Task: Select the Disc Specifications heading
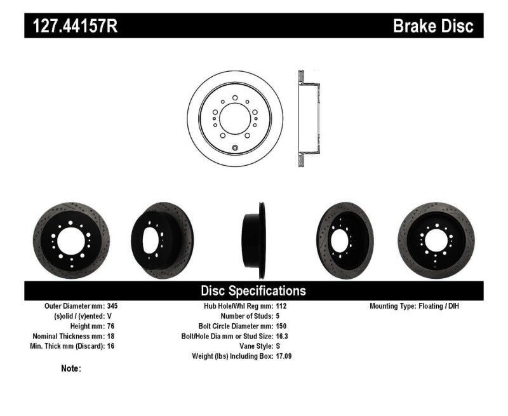(x=253, y=291)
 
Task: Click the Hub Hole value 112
(x=281, y=305)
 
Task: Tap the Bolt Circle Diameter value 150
(x=281, y=326)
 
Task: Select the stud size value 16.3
(x=283, y=336)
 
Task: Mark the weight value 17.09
(x=284, y=356)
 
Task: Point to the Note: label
(x=71, y=368)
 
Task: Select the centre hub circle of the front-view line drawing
(x=235, y=118)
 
